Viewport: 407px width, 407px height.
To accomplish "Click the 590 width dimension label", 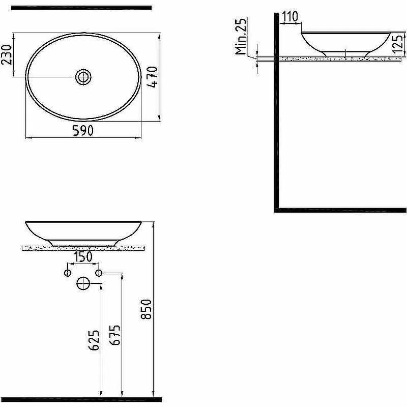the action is (83, 131).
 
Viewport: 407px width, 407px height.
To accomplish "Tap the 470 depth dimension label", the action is (153, 77).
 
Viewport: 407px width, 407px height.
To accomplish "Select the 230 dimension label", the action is (7, 54).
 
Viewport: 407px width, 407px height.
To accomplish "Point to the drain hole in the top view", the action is (83, 77).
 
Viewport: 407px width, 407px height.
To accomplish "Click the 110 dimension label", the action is (290, 17).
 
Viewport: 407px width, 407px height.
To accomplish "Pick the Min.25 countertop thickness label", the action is (240, 37).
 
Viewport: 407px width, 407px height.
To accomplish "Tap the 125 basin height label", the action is (399, 44).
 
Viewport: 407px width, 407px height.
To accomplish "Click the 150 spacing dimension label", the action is (83, 257).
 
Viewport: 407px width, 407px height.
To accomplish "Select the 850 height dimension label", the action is (146, 309).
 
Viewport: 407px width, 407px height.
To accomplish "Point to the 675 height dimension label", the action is (115, 335).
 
